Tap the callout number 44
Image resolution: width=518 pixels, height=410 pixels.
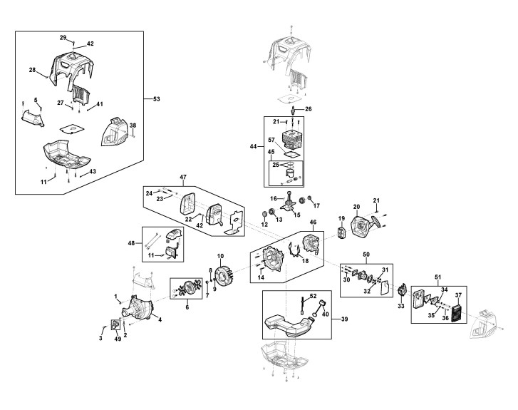click(x=254, y=146)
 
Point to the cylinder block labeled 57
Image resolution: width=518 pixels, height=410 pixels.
click(x=293, y=140)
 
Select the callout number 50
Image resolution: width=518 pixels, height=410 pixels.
click(x=366, y=254)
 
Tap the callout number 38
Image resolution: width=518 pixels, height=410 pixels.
click(x=133, y=125)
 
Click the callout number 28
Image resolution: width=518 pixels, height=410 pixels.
click(x=32, y=70)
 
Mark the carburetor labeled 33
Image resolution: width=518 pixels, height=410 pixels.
click(x=402, y=292)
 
